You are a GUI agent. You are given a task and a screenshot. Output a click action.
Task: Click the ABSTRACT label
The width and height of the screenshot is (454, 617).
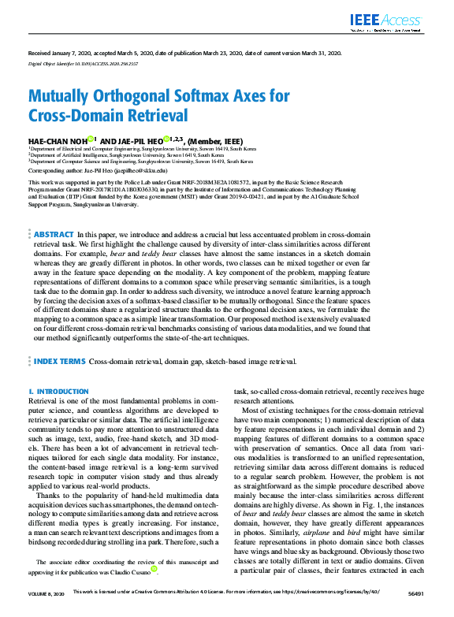coord(54,213)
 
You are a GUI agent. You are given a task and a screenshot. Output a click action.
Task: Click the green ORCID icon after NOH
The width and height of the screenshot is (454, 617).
coord(91,139)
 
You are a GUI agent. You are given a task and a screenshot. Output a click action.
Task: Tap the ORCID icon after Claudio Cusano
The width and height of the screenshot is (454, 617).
coord(154,568)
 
